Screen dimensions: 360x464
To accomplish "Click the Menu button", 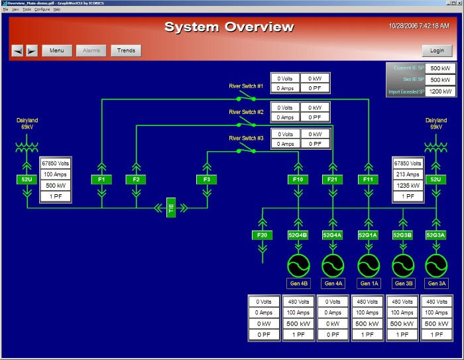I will coord(57,50).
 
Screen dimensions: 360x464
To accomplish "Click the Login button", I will coord(437,50).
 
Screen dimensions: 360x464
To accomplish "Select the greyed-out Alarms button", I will coord(91,50).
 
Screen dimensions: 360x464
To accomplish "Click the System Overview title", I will coord(229,27).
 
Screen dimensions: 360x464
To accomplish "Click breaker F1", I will coord(101,179).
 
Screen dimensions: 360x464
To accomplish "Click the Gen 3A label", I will coord(436,284).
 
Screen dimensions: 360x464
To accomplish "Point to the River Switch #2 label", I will coord(246,112).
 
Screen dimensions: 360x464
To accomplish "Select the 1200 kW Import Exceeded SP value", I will coord(440,91).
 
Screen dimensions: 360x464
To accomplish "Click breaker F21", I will coord(332,179).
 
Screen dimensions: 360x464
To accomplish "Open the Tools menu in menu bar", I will coord(26,10).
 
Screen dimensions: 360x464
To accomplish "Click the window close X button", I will coord(459,3).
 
